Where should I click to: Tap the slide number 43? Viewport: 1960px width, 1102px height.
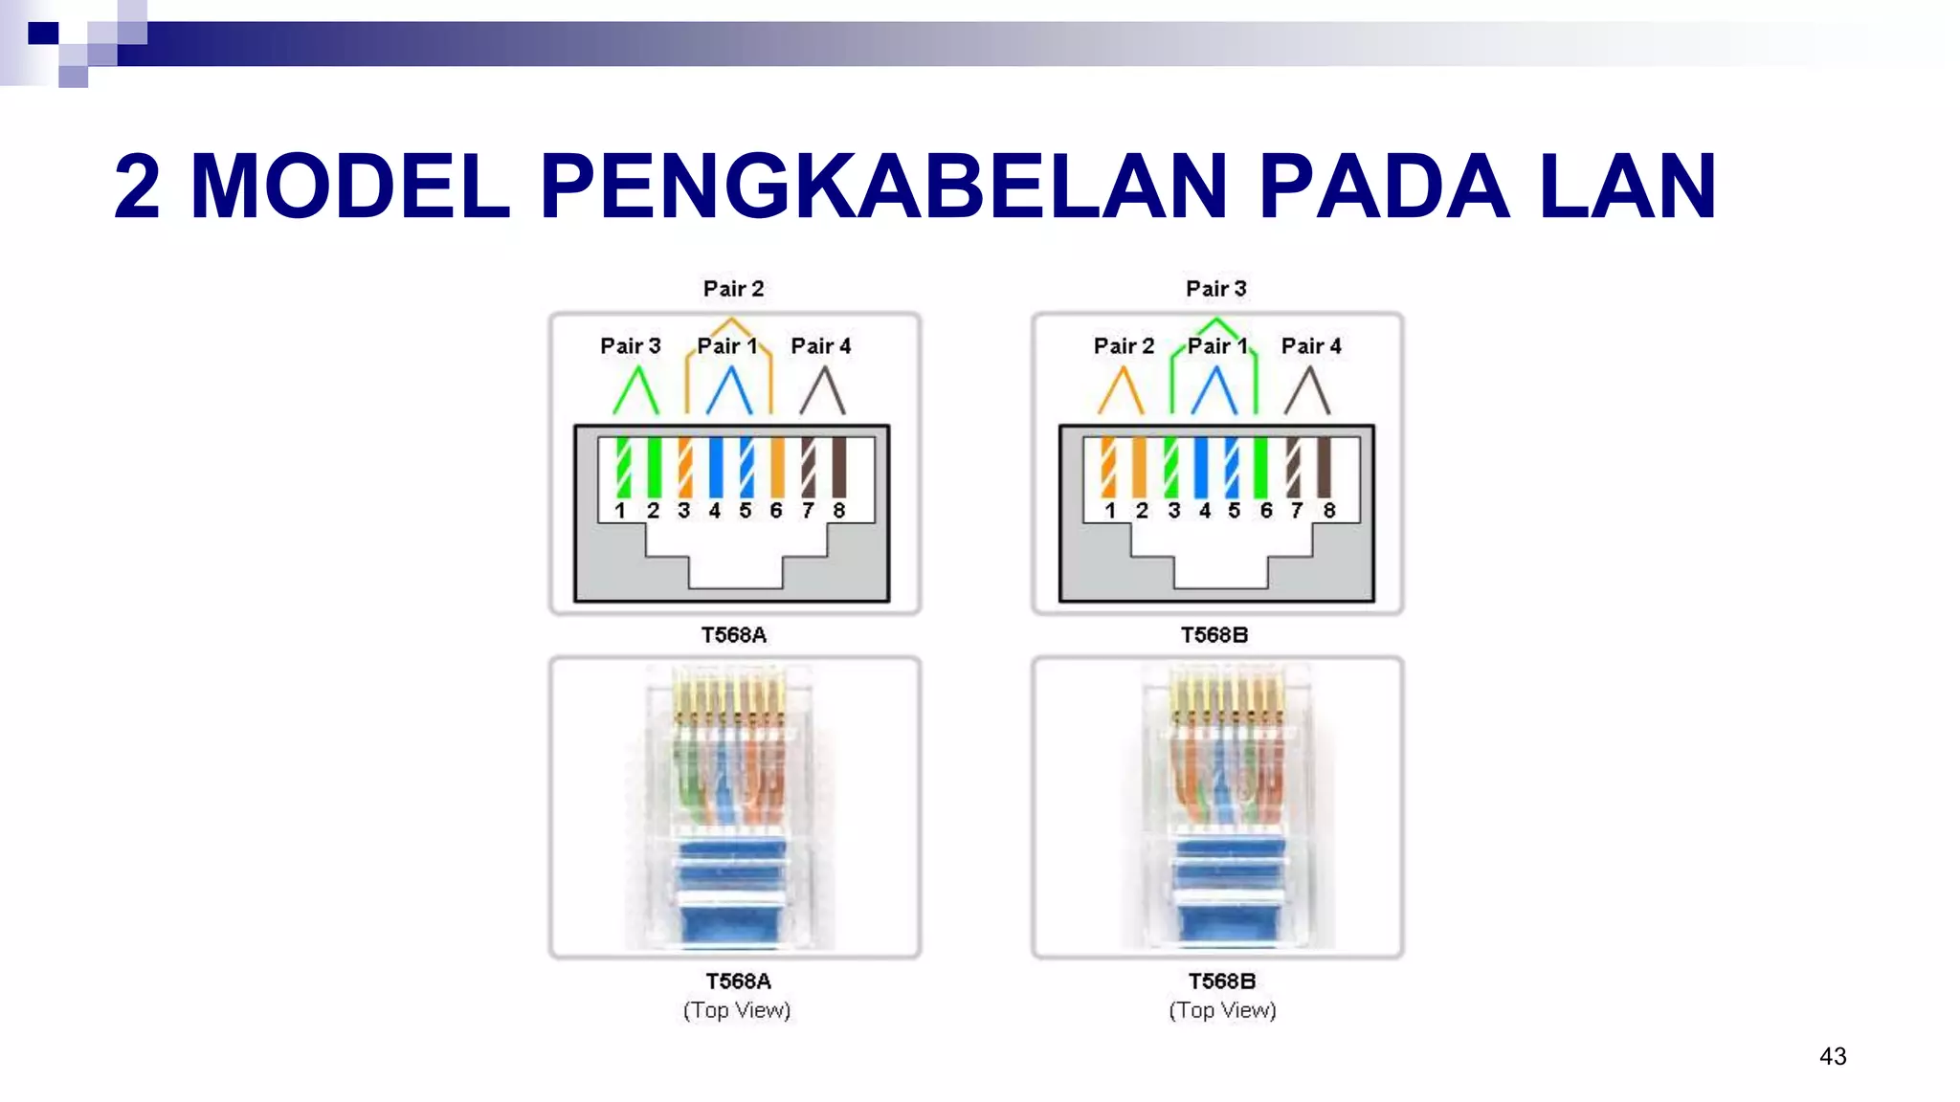point(1833,1056)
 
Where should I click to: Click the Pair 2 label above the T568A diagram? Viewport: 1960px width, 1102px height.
point(733,289)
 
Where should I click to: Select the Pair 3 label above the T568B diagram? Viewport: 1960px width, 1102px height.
point(1215,289)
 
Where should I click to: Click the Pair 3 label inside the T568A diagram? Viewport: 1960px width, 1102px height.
point(630,346)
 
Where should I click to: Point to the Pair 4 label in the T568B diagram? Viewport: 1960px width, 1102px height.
point(1311,346)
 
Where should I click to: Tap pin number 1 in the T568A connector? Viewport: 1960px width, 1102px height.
point(620,511)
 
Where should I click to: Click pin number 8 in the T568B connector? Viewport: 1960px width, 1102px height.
point(1328,511)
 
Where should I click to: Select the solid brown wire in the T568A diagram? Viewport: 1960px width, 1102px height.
point(838,467)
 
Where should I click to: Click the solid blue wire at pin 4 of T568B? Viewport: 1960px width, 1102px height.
point(1201,467)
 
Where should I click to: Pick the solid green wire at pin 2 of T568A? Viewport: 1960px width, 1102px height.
point(654,467)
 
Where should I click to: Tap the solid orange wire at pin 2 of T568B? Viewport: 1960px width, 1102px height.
point(1139,467)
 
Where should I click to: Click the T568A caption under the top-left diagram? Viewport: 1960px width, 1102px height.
point(733,635)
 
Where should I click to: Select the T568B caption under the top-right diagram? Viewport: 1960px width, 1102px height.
point(1214,635)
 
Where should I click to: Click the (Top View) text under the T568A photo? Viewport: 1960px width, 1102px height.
point(737,1010)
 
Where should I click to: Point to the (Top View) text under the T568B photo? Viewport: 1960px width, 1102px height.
point(1222,1010)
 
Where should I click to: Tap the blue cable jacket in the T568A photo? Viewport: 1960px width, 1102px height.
point(733,918)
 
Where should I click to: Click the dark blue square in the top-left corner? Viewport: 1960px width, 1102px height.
point(43,34)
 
